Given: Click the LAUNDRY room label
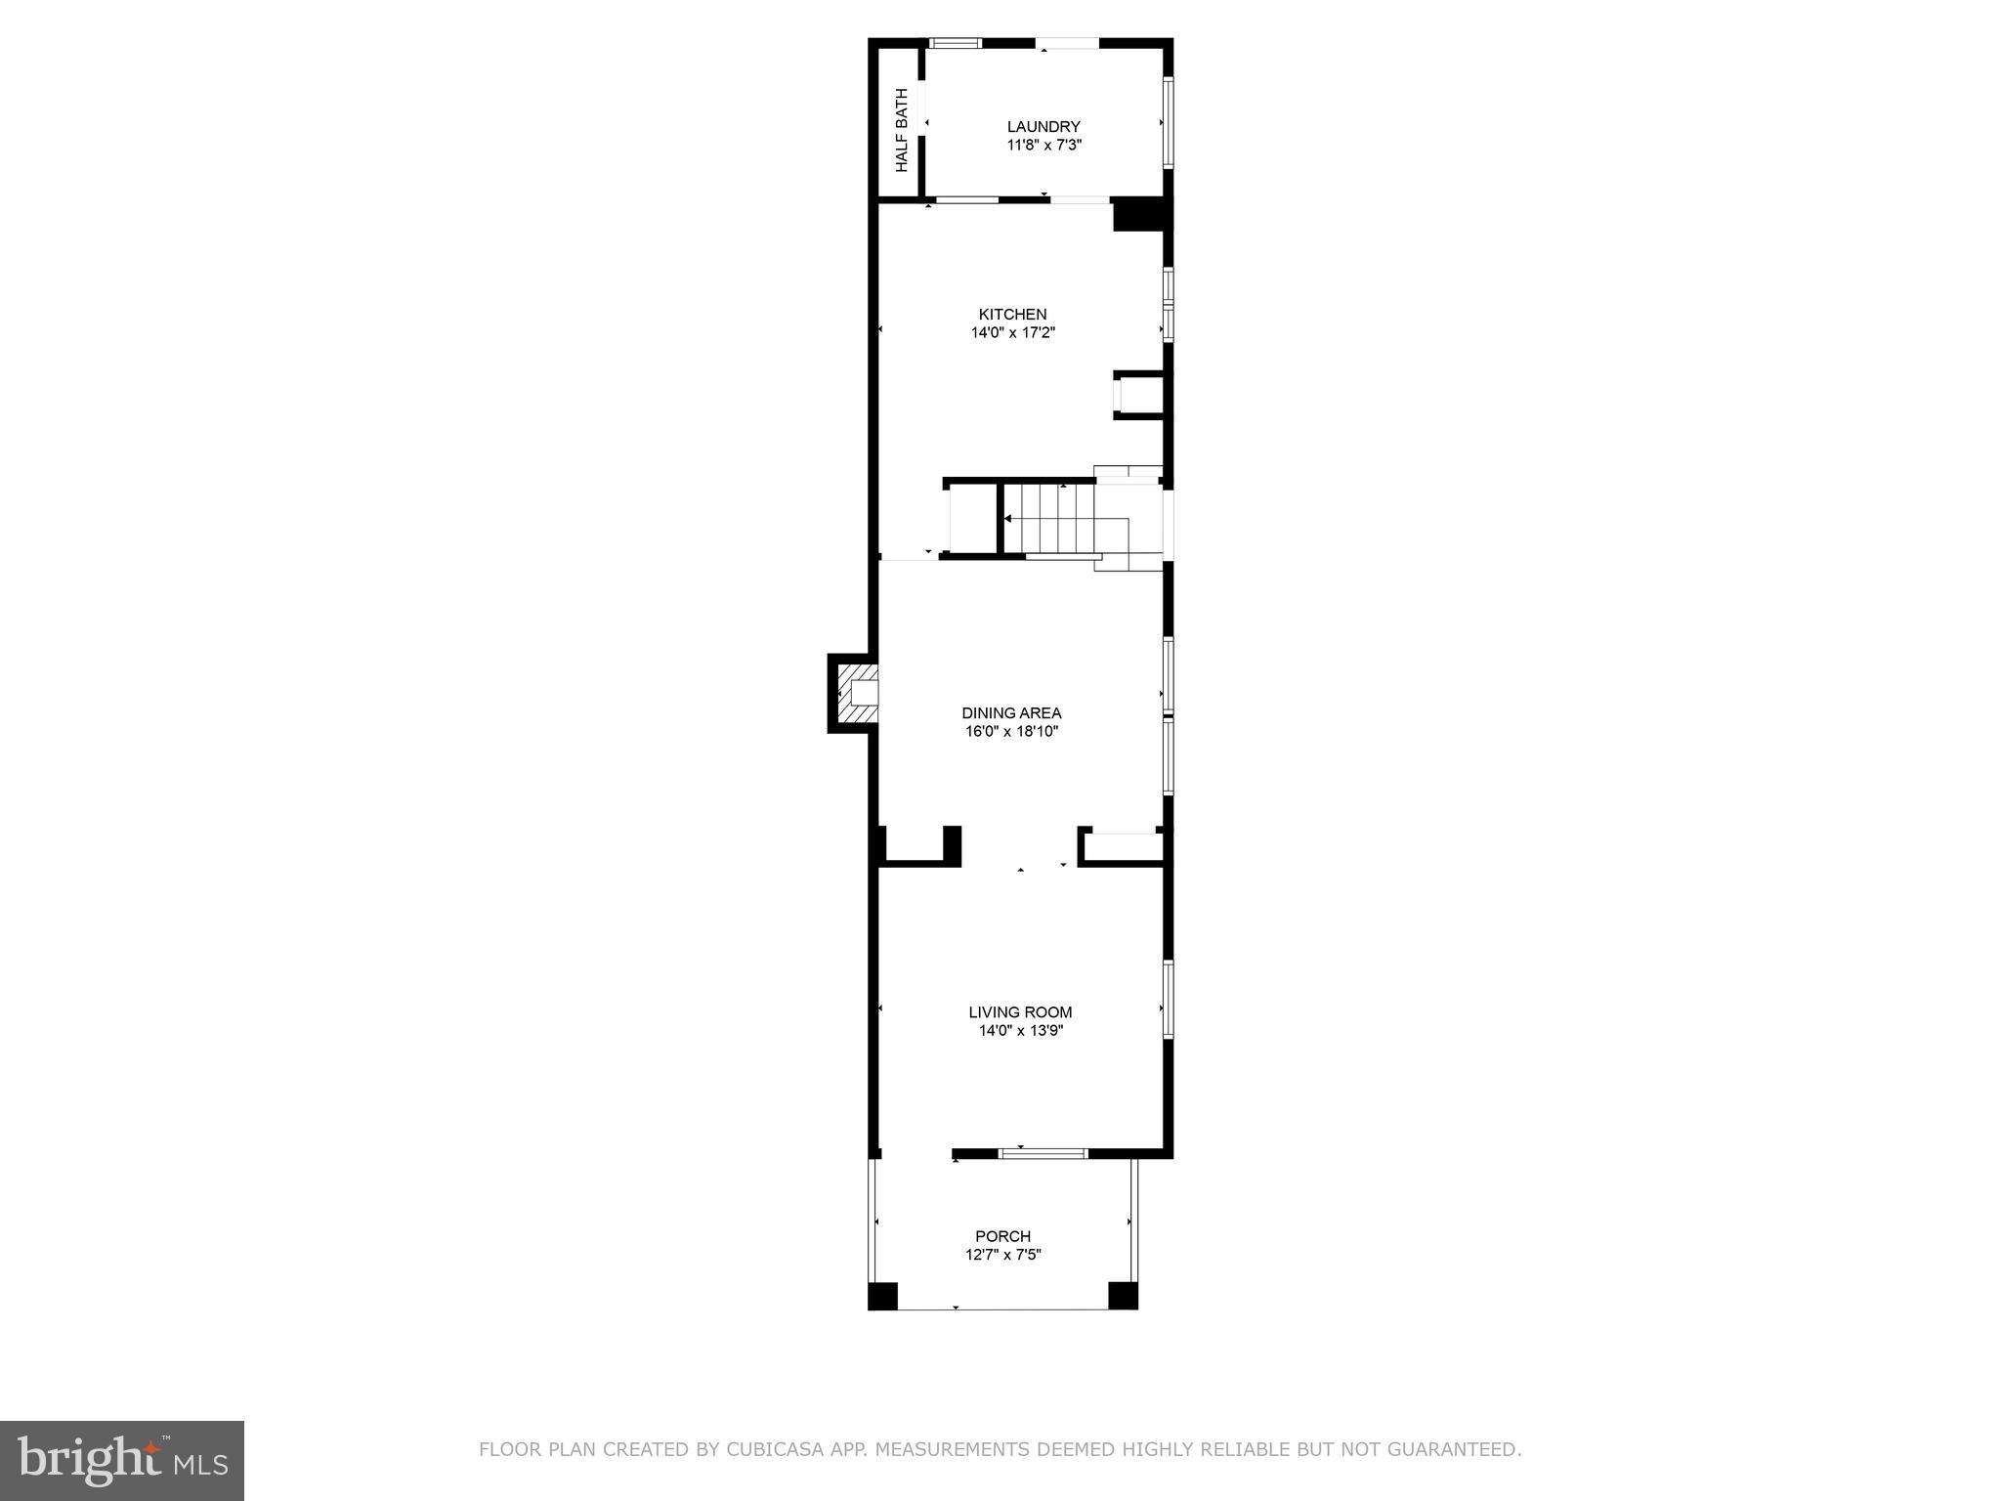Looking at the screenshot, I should (x=1043, y=126).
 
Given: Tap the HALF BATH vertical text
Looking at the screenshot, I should (x=901, y=130).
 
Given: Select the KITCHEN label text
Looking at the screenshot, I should (x=1012, y=314).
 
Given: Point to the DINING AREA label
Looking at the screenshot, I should (x=1011, y=712).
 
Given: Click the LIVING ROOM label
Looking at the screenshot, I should (x=1020, y=1012).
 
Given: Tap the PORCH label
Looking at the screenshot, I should (x=1002, y=1236).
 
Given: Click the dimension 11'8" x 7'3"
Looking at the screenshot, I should (x=1043, y=145).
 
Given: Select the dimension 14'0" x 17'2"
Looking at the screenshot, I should (x=1012, y=332).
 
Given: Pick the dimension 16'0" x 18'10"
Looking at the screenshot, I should (x=1011, y=731).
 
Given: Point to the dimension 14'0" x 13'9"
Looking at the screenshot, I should (x=1020, y=1030).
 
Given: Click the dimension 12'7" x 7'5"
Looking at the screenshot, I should (x=1002, y=1255).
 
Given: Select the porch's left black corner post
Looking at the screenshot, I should (x=882, y=1296).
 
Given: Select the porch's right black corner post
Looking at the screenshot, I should (x=1123, y=1296).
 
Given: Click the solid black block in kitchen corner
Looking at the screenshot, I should (x=1138, y=215).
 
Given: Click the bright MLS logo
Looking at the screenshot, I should (x=121, y=1460).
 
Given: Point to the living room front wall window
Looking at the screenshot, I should (x=1043, y=1153).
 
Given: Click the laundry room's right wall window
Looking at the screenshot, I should (x=1167, y=122).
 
